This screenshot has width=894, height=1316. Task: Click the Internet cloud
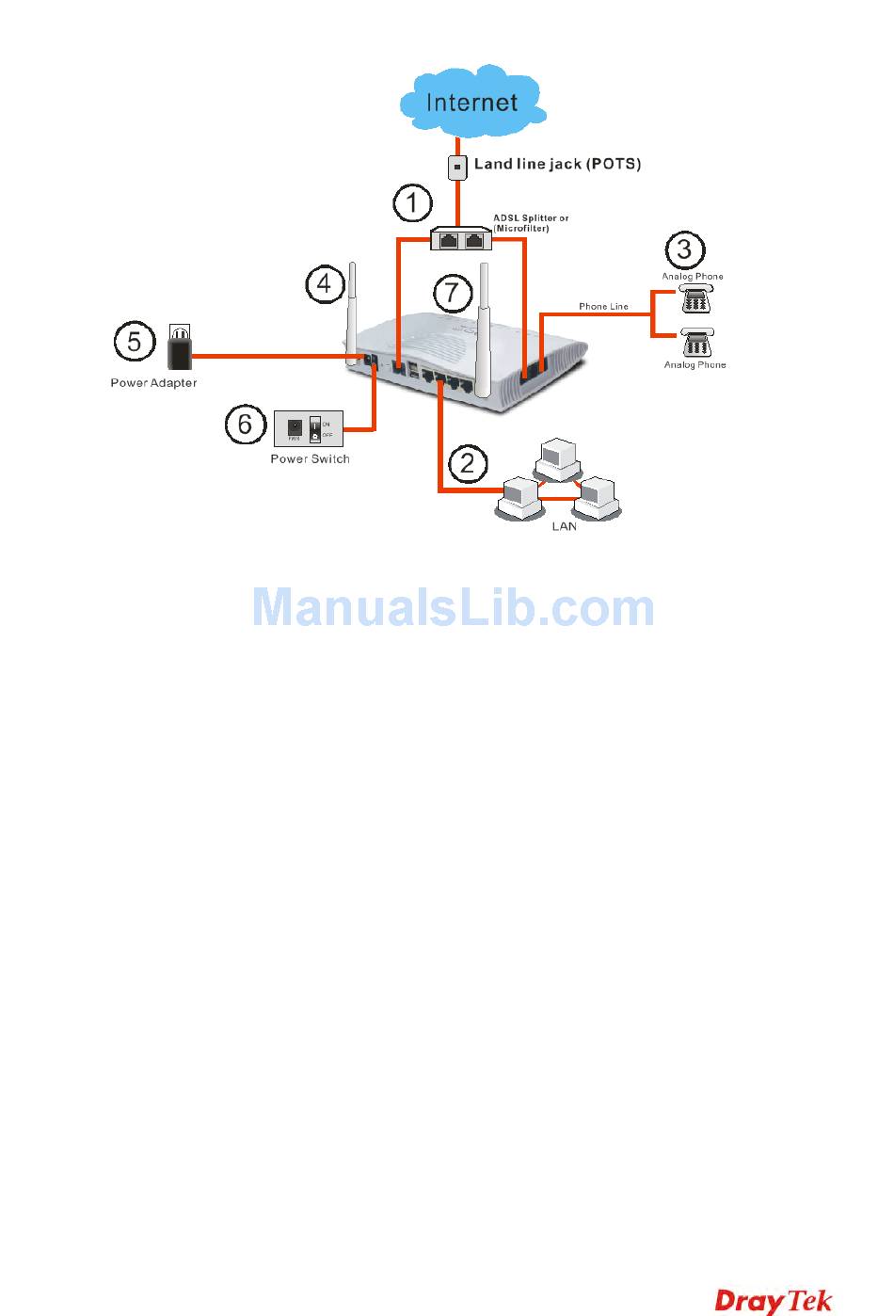point(472,100)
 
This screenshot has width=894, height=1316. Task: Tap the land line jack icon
point(457,168)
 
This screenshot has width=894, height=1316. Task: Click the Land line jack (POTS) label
point(557,164)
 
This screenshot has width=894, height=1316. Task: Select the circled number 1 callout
point(412,202)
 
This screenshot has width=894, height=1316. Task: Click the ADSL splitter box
point(461,239)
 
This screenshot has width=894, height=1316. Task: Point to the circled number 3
point(684,249)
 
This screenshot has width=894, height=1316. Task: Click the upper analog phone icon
point(696,300)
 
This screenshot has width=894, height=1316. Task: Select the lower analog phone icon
point(697,344)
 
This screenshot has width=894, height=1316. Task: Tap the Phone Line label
point(603,307)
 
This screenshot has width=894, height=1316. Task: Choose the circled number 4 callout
point(325,283)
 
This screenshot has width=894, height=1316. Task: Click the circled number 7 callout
point(452,292)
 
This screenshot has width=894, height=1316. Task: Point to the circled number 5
point(135,341)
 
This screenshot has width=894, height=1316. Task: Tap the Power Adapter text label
point(153,383)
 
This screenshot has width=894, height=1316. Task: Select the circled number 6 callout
point(245,424)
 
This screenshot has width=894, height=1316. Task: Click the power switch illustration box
point(309,428)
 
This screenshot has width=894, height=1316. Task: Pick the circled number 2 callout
point(468,462)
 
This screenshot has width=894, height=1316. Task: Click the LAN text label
point(564,526)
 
